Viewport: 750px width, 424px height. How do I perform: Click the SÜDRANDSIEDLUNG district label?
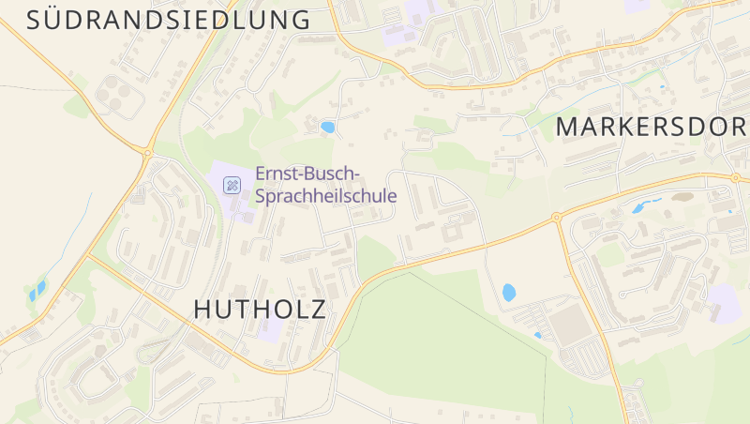pyautogui.click(x=169, y=20)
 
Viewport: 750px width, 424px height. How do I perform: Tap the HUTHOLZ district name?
pyautogui.click(x=260, y=309)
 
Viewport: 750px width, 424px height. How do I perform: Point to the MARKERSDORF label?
pyautogui.click(x=652, y=127)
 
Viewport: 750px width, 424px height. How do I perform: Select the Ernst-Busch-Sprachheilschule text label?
pyautogui.click(x=326, y=186)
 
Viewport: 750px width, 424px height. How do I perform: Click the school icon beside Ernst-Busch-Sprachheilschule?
pyautogui.click(x=231, y=185)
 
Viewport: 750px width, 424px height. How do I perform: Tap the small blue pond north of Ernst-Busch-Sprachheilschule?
pyautogui.click(x=327, y=127)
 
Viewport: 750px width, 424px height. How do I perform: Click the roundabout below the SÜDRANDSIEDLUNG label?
pyautogui.click(x=147, y=153)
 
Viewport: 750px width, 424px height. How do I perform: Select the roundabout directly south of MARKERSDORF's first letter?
pyautogui.click(x=557, y=218)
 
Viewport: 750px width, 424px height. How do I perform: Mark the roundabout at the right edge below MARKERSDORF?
pyautogui.click(x=734, y=175)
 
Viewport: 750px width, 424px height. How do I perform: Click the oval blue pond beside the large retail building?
pyautogui.click(x=508, y=293)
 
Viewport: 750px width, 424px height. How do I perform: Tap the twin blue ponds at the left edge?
pyautogui.click(x=37, y=292)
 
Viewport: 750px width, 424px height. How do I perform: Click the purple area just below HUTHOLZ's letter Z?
pyautogui.click(x=269, y=330)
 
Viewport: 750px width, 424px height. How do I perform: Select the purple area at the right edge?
pyautogui.click(x=725, y=302)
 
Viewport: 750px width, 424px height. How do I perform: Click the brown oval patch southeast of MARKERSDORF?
pyautogui.click(x=681, y=198)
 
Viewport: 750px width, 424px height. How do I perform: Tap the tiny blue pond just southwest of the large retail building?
pyautogui.click(x=537, y=334)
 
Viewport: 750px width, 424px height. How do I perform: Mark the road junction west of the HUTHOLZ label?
pyautogui.click(x=90, y=256)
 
